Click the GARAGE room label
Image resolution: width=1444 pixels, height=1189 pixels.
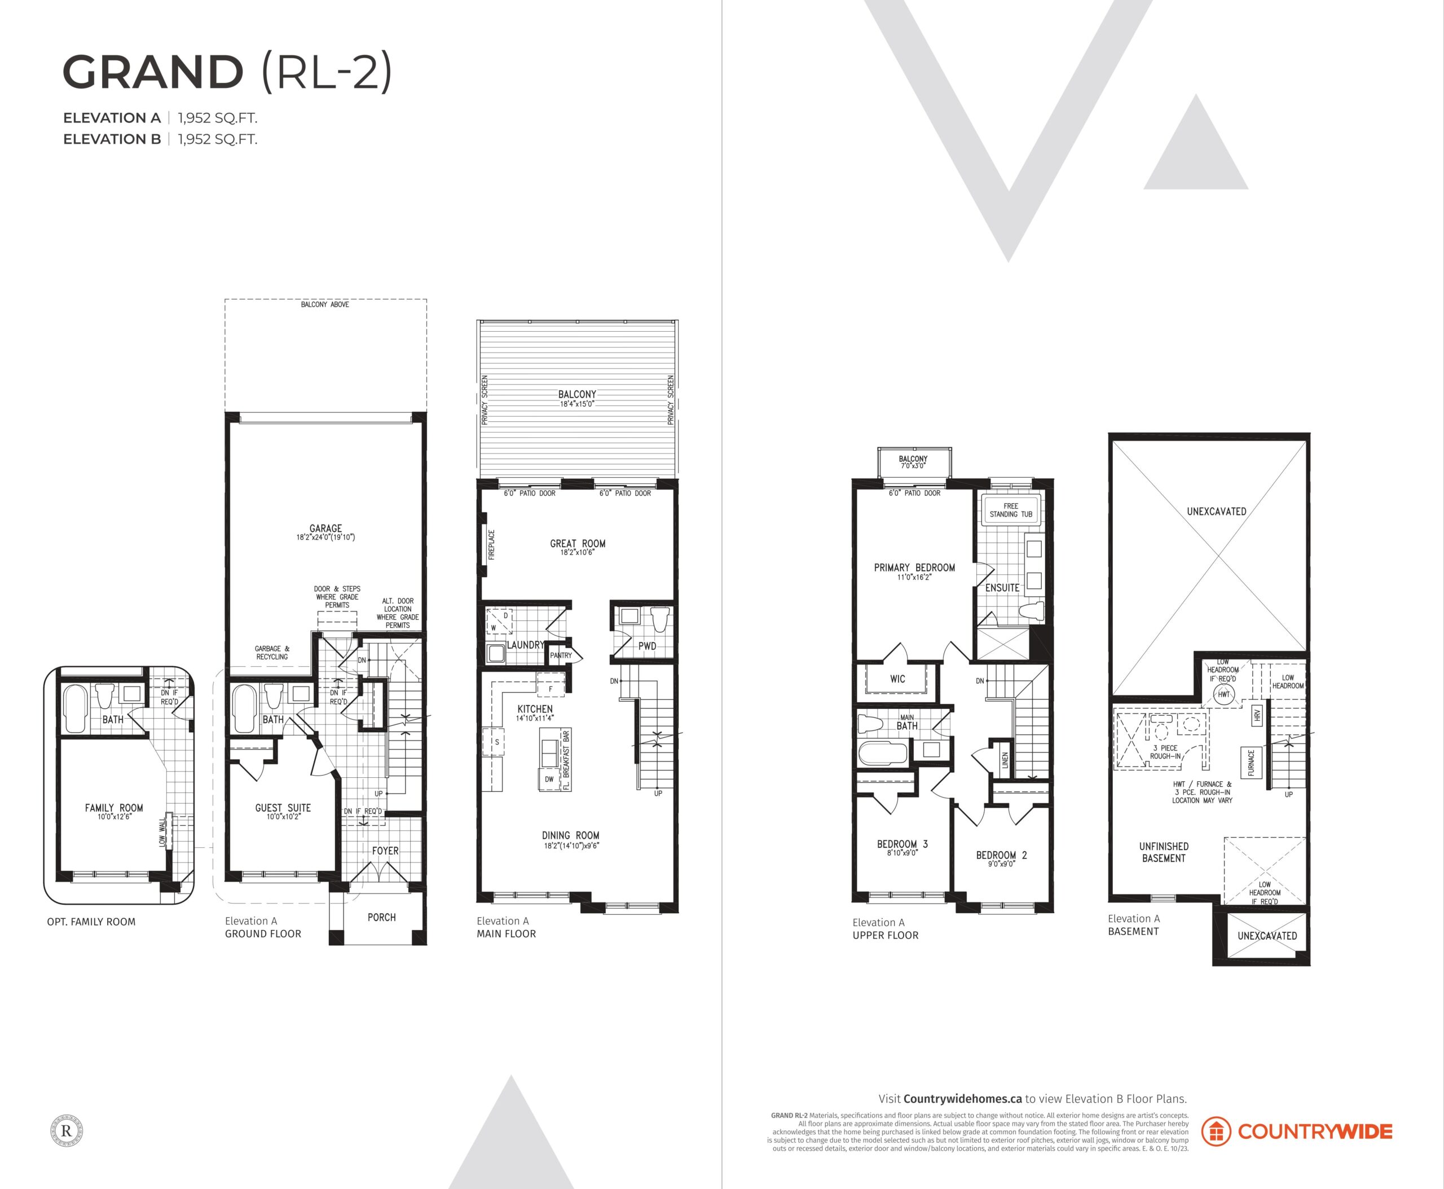(x=325, y=528)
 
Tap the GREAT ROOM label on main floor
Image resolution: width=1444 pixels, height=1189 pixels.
(x=578, y=543)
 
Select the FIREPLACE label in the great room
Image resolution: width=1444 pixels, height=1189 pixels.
(x=491, y=544)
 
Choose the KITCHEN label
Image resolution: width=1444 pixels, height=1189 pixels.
(x=535, y=709)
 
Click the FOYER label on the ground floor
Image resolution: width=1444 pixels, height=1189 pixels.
(x=385, y=851)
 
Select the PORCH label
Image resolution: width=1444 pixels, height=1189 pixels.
(x=381, y=917)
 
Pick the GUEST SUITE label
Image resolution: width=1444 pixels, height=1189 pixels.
(x=283, y=808)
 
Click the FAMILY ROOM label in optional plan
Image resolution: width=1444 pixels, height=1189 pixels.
(x=114, y=808)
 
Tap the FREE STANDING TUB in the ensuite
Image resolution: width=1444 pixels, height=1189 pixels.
(x=1010, y=509)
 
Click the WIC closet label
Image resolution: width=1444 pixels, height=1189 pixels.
(x=897, y=679)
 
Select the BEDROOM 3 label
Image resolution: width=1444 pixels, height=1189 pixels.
(x=902, y=844)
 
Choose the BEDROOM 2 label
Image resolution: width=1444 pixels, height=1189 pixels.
(x=1001, y=855)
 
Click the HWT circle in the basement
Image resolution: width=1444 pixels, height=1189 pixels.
(x=1223, y=694)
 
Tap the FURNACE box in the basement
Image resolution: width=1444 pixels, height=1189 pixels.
(x=1251, y=763)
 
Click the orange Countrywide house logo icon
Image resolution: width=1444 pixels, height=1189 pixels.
(x=1216, y=1131)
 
